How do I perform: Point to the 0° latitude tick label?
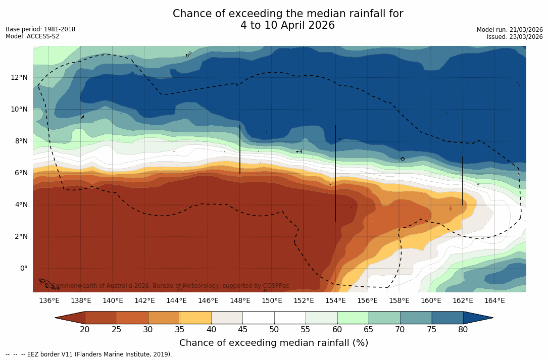(23, 268)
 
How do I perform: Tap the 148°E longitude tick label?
(240, 301)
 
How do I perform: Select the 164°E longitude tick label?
(494, 301)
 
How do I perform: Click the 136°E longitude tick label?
(49, 301)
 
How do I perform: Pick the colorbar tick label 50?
(274, 330)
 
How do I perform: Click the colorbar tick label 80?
(463, 330)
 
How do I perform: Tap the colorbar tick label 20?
(85, 330)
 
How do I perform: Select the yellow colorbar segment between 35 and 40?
(195, 318)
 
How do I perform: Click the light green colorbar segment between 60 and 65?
(353, 318)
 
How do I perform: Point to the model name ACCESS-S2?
(43, 36)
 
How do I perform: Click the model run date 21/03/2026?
(525, 30)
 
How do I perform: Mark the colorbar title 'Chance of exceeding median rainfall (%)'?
(274, 343)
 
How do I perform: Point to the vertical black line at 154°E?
(335, 172)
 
